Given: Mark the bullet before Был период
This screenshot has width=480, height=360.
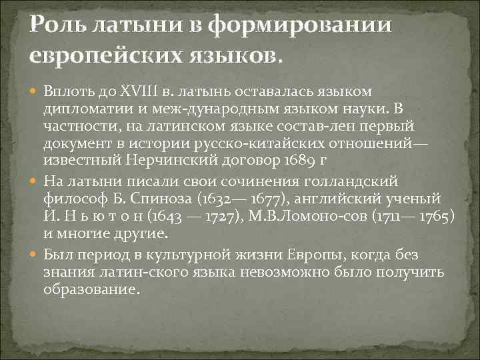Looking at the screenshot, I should click(34, 254).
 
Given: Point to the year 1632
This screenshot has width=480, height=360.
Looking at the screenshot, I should click(229, 199).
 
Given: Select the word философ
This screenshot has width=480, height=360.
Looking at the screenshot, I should click(70, 199).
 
